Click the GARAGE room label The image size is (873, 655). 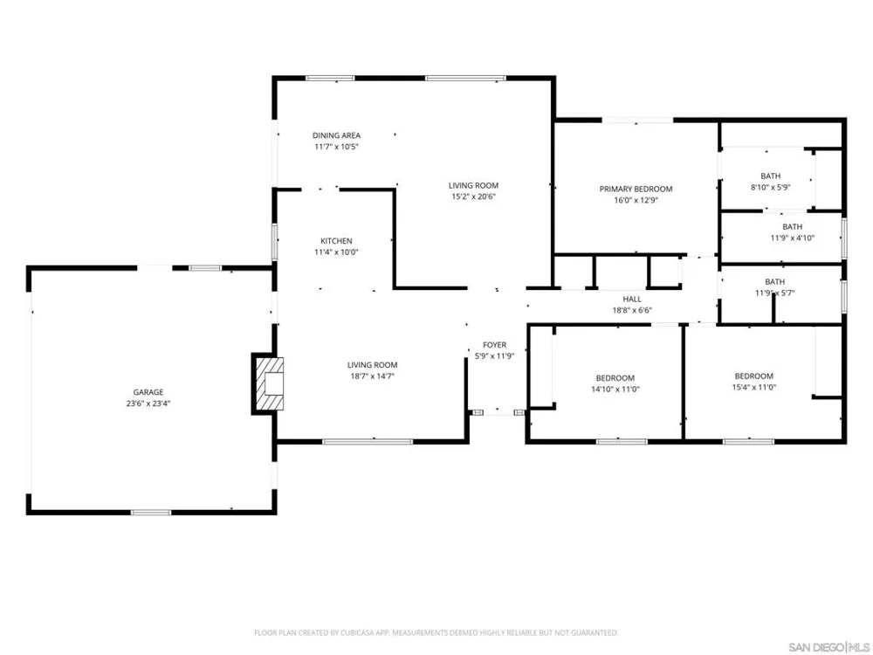[x=148, y=392]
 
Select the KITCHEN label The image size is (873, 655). [x=336, y=241]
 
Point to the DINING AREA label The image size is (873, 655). [x=336, y=135]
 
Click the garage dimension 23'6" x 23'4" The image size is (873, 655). [x=148, y=403]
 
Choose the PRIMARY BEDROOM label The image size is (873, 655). [x=636, y=189]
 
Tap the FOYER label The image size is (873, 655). [x=494, y=345]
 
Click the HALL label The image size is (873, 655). [x=632, y=299]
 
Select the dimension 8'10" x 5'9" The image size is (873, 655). [x=771, y=187]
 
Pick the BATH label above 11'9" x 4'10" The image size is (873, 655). [x=793, y=227]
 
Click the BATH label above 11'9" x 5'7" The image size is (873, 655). [x=775, y=282]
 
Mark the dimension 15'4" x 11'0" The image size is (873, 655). [x=754, y=387]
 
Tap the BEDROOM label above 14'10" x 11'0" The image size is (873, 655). [x=615, y=377]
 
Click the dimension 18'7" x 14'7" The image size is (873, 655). [x=373, y=376]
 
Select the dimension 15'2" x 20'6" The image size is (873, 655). [x=473, y=196]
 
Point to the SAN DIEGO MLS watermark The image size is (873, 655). [x=829, y=647]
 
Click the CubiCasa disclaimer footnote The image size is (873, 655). [x=436, y=632]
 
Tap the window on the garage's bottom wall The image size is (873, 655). [x=151, y=512]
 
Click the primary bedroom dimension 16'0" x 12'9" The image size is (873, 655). [x=636, y=200]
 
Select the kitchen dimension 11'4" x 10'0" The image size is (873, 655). [x=336, y=252]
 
